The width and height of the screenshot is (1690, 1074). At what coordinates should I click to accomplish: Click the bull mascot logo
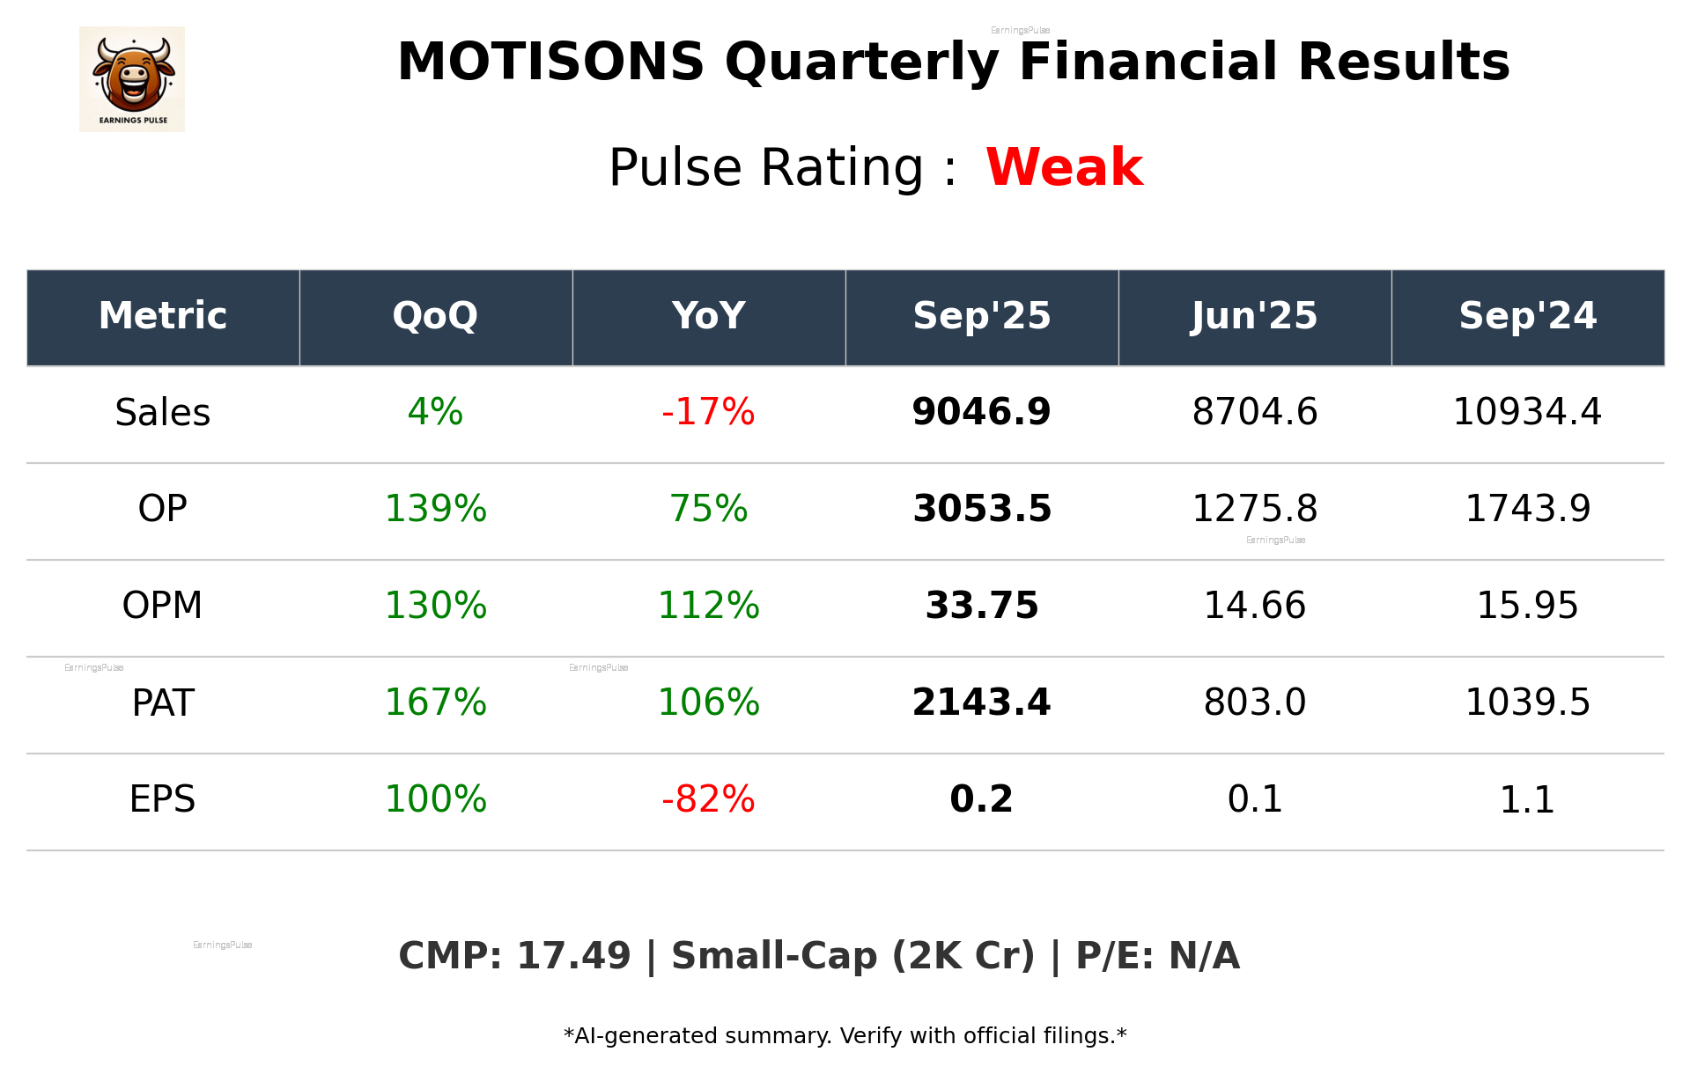coord(132,78)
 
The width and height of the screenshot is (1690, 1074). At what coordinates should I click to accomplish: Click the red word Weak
coord(1064,167)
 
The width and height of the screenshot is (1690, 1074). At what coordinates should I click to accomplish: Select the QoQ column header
coord(435,316)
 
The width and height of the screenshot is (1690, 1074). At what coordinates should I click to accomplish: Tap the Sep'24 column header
coord(1527,316)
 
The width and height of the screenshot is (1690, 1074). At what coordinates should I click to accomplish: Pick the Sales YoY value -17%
coord(708,412)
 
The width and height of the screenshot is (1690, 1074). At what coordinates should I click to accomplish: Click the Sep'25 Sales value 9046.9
coord(981,412)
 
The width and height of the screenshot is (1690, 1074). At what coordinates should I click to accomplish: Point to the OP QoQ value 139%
coord(435,509)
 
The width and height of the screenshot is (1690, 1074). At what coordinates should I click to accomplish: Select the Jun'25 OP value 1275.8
coord(1254,509)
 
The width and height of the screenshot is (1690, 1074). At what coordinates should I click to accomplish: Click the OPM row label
coord(162,606)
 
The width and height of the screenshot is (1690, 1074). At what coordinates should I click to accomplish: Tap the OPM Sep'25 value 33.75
coord(981,606)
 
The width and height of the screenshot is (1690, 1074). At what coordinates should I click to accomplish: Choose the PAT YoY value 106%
coord(708,703)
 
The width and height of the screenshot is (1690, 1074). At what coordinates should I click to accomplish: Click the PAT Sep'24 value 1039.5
coord(1527,703)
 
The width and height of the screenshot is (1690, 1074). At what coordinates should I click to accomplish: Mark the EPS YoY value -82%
coord(708,799)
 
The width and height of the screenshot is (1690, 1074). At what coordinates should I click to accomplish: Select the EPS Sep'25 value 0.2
coord(981,799)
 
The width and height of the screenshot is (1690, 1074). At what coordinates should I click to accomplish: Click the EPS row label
coord(162,799)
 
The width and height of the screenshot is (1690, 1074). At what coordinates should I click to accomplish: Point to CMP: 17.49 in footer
coord(514,956)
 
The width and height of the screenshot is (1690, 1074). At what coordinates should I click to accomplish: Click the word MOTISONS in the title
coord(550,63)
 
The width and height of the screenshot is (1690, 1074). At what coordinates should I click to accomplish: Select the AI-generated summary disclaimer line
coord(845,1036)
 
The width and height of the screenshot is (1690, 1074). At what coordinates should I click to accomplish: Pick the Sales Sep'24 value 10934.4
coord(1527,412)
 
